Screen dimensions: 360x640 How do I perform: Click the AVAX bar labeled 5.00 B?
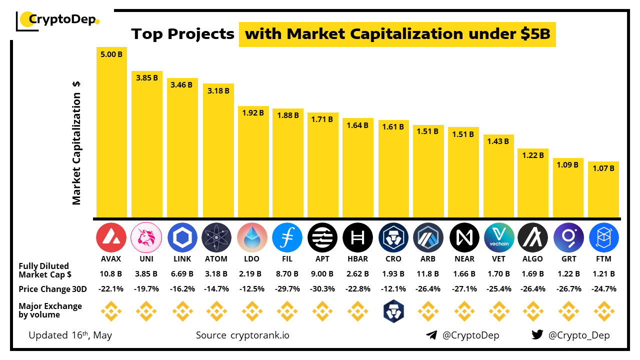pyautogui.click(x=111, y=132)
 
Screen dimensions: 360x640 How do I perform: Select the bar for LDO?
pyautogui.click(x=253, y=162)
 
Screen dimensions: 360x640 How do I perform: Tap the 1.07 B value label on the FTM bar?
pyautogui.click(x=603, y=168)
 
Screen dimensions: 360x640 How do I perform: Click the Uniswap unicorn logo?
pyautogui.click(x=146, y=237)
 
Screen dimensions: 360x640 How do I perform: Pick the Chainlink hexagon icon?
pyautogui.click(x=182, y=237)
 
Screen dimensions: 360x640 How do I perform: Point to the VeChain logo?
pyautogui.click(x=499, y=237)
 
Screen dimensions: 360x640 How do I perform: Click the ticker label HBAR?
pyautogui.click(x=357, y=259)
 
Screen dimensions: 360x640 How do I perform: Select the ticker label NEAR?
pyautogui.click(x=463, y=259)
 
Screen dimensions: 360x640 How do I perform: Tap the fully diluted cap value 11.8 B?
pyautogui.click(x=428, y=274)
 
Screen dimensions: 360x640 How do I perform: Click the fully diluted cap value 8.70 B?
pyautogui.click(x=287, y=274)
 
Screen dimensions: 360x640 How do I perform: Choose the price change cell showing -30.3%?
pyautogui.click(x=322, y=289)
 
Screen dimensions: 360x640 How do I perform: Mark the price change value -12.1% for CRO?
pyautogui.click(x=393, y=289)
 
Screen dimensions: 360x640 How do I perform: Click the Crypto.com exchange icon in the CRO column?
pyautogui.click(x=393, y=311)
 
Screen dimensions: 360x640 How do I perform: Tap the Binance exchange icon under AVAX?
pyautogui.click(x=111, y=311)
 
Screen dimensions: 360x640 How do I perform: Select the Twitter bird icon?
pyautogui.click(x=537, y=335)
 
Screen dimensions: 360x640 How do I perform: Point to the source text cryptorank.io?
pyautogui.click(x=259, y=335)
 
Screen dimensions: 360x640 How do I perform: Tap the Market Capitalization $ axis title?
pyautogui.click(x=76, y=142)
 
